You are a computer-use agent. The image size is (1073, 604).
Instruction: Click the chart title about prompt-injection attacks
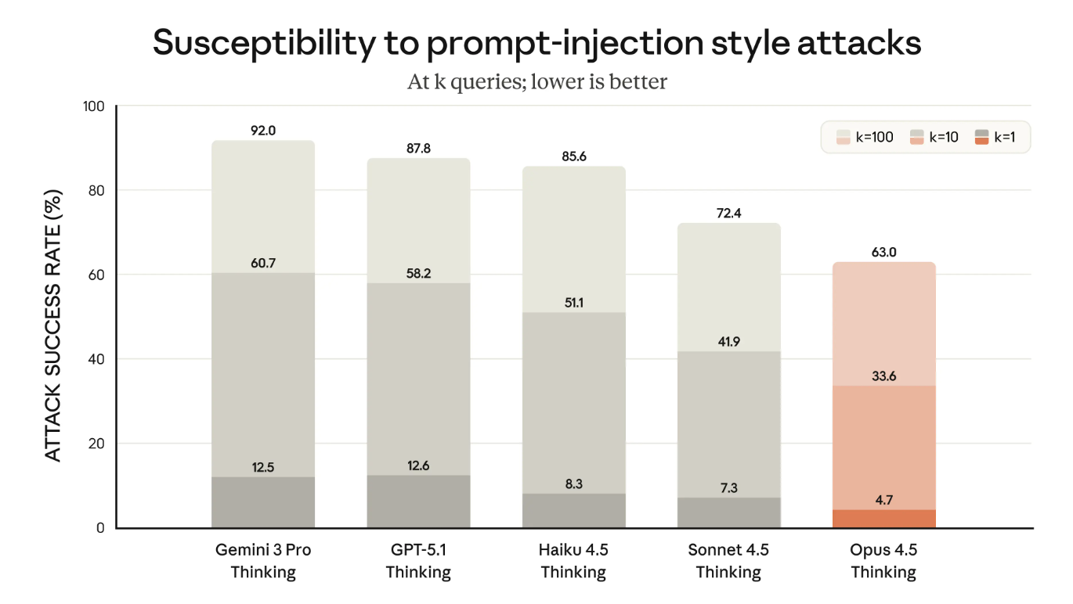536,43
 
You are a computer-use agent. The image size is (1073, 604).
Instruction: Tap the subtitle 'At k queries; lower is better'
536,81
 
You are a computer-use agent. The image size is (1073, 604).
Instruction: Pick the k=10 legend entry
937,137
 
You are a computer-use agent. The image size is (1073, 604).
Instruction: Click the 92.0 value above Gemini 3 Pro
263,131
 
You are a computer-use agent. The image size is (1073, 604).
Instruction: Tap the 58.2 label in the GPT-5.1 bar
418,274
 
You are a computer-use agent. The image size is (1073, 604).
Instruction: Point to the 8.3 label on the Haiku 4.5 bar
573,484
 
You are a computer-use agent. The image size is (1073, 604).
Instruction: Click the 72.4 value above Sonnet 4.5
728,213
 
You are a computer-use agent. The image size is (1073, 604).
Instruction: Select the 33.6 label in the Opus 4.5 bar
883,376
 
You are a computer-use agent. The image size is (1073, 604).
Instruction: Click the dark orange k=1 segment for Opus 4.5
883,520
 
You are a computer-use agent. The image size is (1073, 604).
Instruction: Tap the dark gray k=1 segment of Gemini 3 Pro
263,503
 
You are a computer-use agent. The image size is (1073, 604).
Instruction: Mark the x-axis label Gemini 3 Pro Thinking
263,561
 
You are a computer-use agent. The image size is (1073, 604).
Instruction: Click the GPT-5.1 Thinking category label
418,561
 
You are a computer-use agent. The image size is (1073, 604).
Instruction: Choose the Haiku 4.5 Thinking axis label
573,561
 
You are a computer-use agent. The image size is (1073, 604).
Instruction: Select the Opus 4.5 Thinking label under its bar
883,561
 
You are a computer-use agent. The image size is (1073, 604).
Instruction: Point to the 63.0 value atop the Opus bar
883,252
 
